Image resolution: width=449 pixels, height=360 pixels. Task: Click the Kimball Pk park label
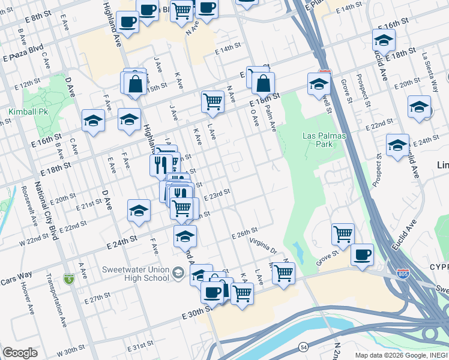[x=28, y=112]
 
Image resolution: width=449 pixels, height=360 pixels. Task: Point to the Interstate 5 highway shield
[x=70, y=279]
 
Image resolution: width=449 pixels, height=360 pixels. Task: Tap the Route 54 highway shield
[x=304, y=347]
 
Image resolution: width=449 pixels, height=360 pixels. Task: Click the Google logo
[x=20, y=353]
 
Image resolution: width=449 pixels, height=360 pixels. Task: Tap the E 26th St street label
[x=244, y=230]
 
